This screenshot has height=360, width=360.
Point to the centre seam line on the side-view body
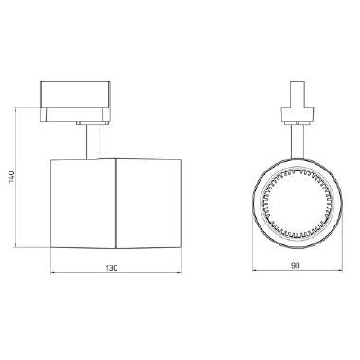[114, 202]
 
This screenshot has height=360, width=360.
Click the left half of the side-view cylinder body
[81, 202]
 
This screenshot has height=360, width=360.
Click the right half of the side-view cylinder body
[147, 202]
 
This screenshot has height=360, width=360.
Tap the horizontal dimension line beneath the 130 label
[85, 277]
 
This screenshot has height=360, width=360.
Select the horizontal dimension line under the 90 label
[275, 275]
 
